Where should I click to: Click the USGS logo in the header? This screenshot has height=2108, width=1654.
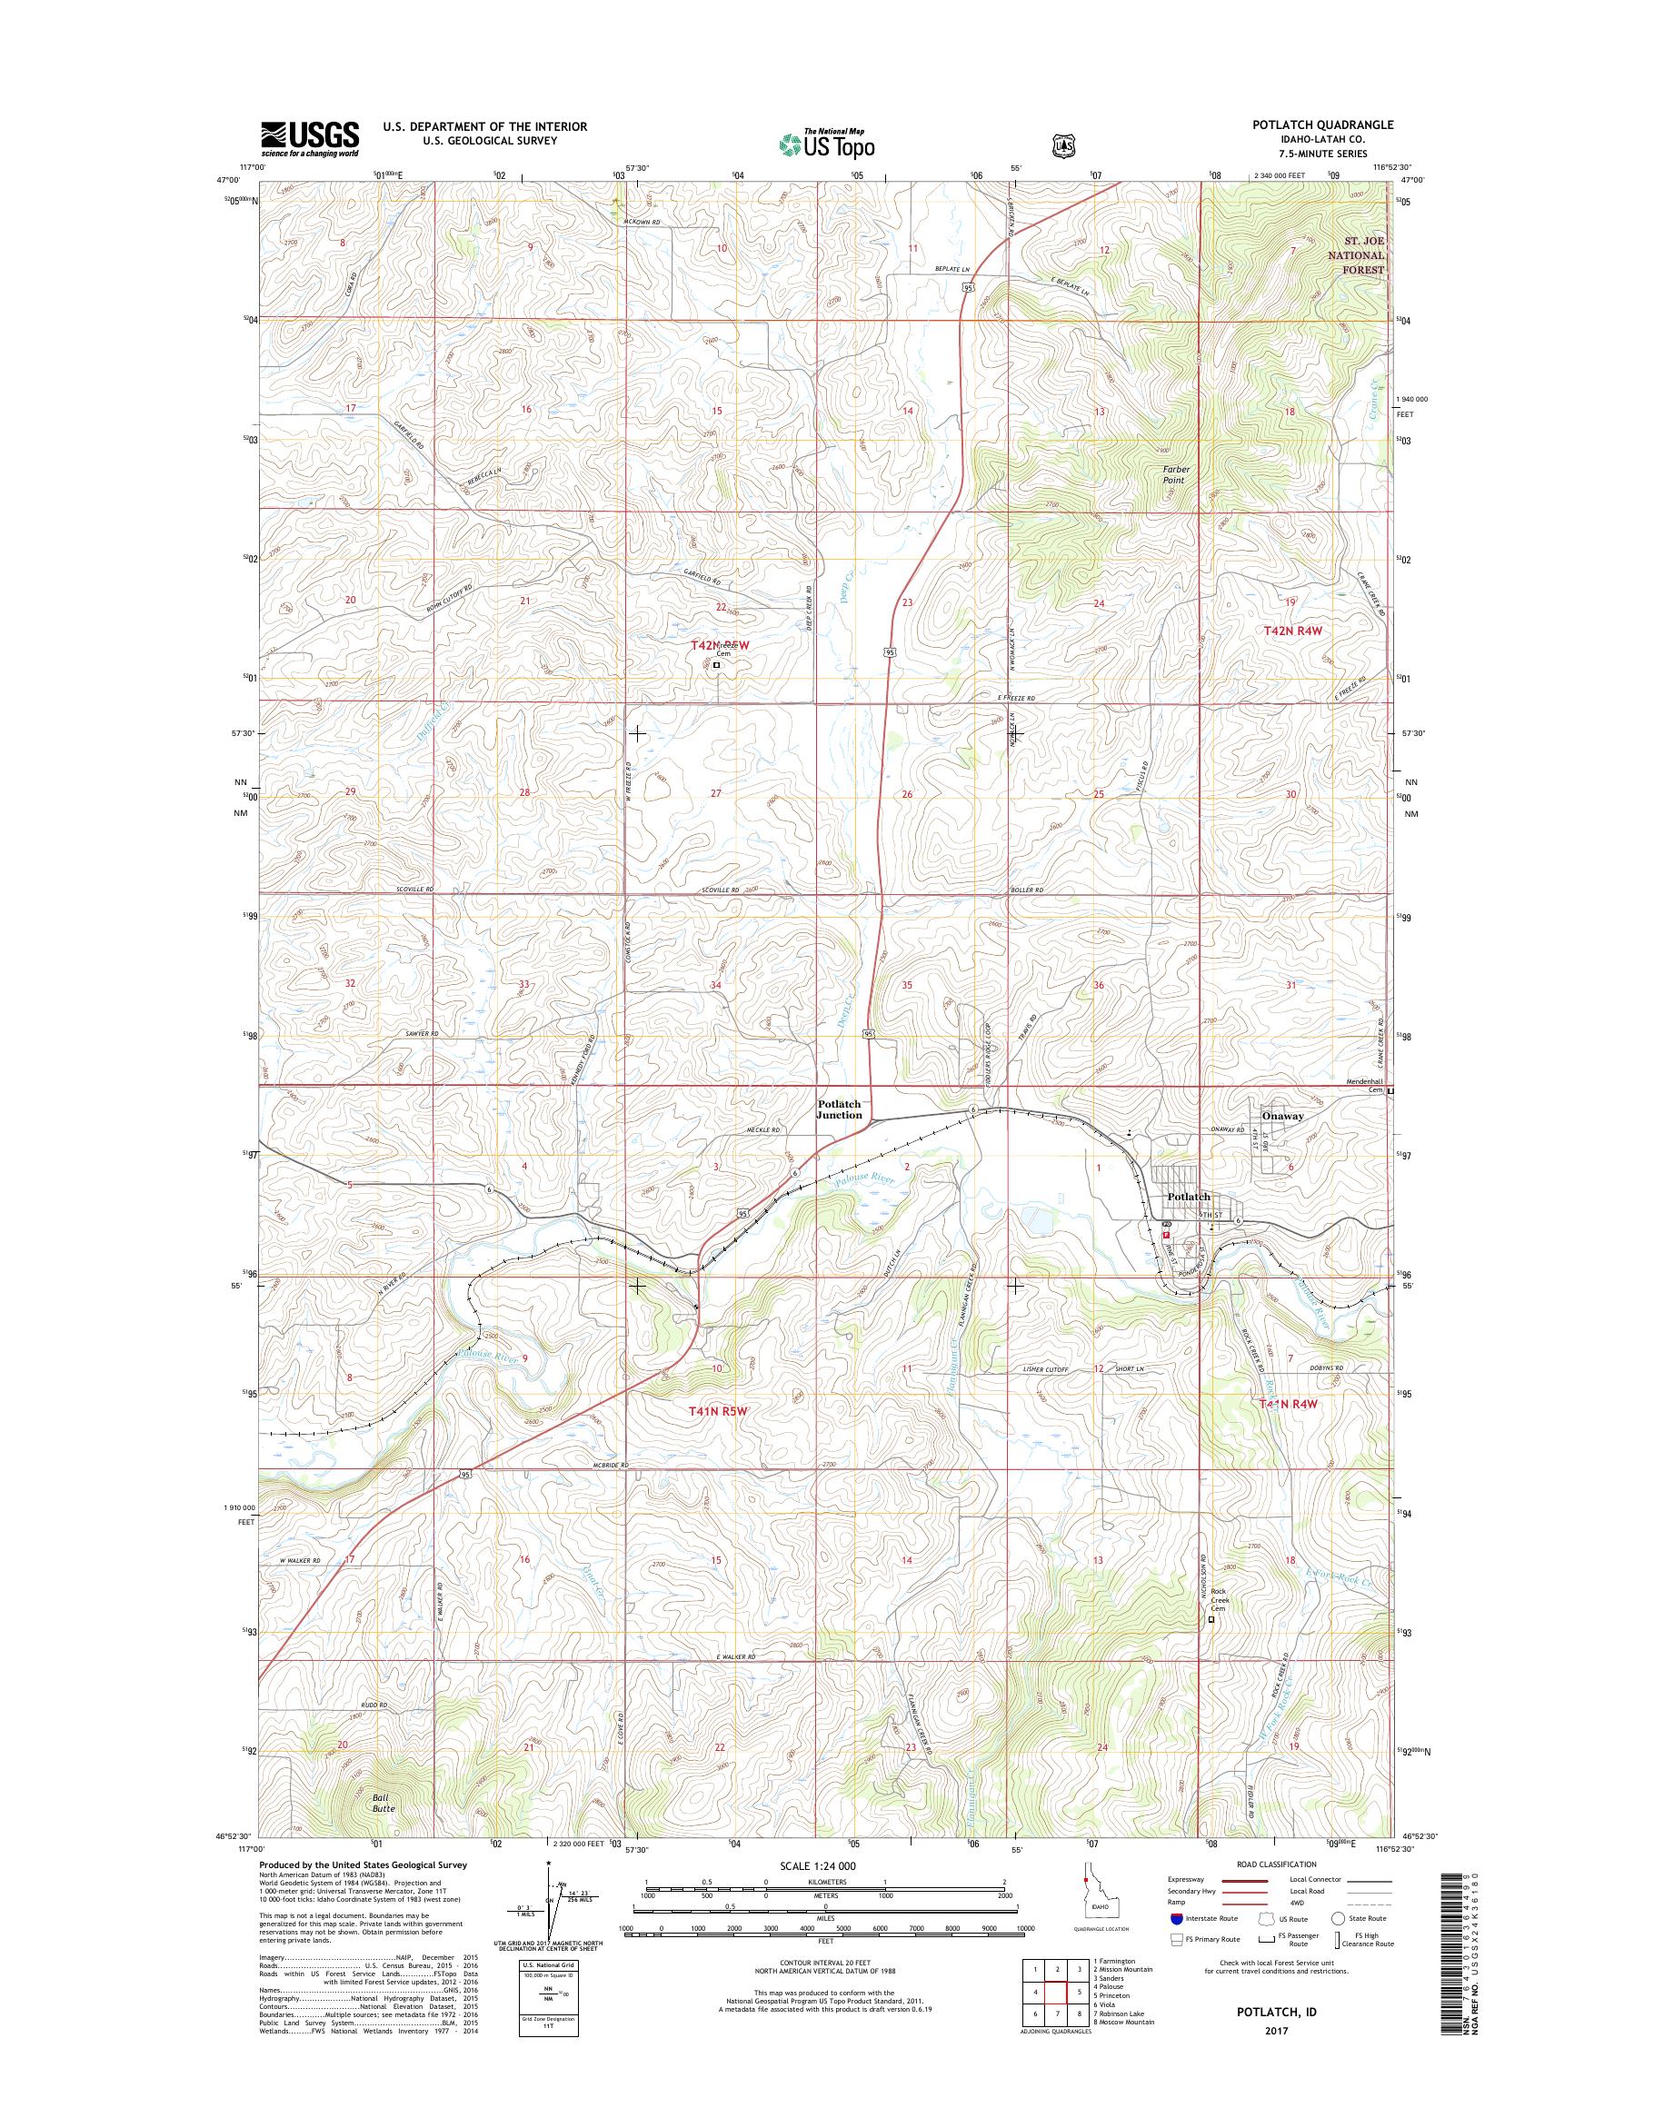point(309,138)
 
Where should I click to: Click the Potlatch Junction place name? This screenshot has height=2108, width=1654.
point(839,1109)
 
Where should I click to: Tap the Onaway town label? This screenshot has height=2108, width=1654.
point(1283,1116)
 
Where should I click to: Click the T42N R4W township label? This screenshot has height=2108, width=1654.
point(1293,631)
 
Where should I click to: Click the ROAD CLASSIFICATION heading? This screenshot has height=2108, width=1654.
point(1277,1864)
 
